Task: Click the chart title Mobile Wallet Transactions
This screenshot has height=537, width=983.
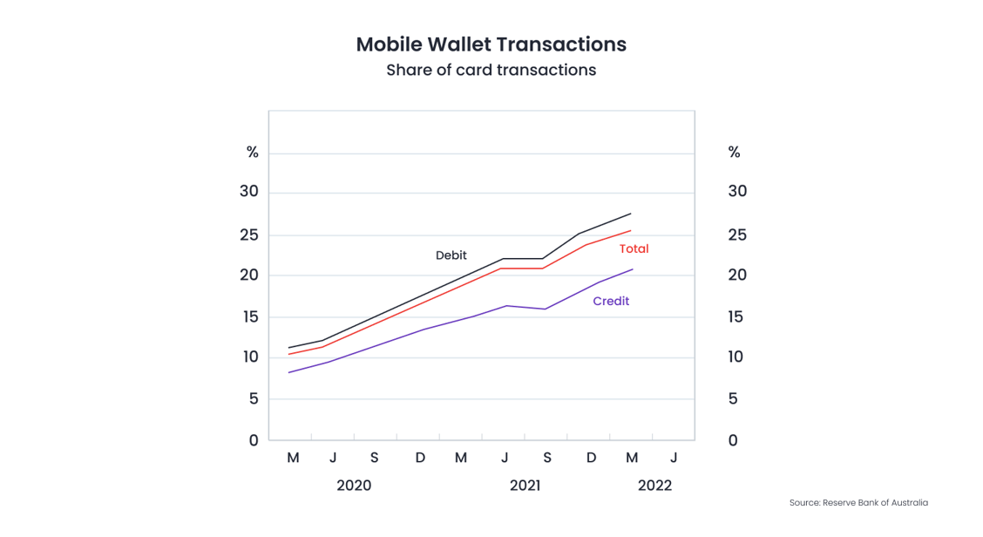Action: click(x=491, y=44)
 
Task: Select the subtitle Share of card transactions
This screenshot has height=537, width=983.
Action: click(x=491, y=71)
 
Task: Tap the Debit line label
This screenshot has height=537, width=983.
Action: click(x=451, y=255)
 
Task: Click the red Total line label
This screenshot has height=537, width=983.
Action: click(x=634, y=248)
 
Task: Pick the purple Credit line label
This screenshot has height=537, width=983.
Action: click(x=611, y=301)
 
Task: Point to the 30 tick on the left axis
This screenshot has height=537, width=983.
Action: click(x=249, y=191)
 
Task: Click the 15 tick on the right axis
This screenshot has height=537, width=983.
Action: click(x=737, y=316)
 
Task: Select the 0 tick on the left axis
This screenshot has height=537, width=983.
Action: click(x=254, y=440)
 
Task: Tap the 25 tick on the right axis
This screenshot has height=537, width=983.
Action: click(x=737, y=235)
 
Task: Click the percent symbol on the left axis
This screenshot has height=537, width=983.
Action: click(x=252, y=153)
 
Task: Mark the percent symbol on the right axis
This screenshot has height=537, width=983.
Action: click(x=734, y=153)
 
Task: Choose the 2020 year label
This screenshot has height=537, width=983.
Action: click(x=354, y=486)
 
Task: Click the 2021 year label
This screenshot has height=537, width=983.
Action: click(x=525, y=486)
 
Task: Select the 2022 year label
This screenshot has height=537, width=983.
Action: click(x=654, y=486)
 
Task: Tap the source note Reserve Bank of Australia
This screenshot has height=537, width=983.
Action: click(x=858, y=503)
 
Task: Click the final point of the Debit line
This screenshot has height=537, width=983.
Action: click(x=631, y=214)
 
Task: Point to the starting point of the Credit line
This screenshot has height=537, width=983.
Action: click(x=288, y=372)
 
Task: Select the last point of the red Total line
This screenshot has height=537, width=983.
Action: click(x=631, y=231)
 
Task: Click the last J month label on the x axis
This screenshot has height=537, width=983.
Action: click(x=674, y=458)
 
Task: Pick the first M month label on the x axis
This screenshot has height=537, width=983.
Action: click(x=293, y=458)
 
